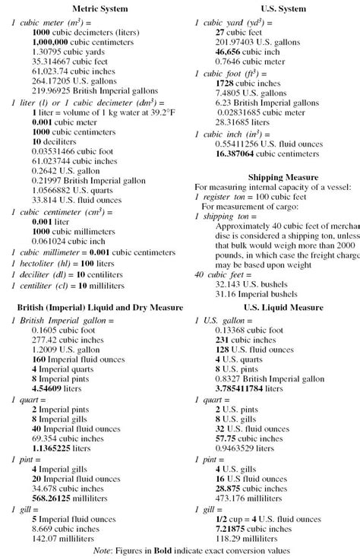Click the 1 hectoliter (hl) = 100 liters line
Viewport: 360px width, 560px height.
(x=62, y=263)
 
